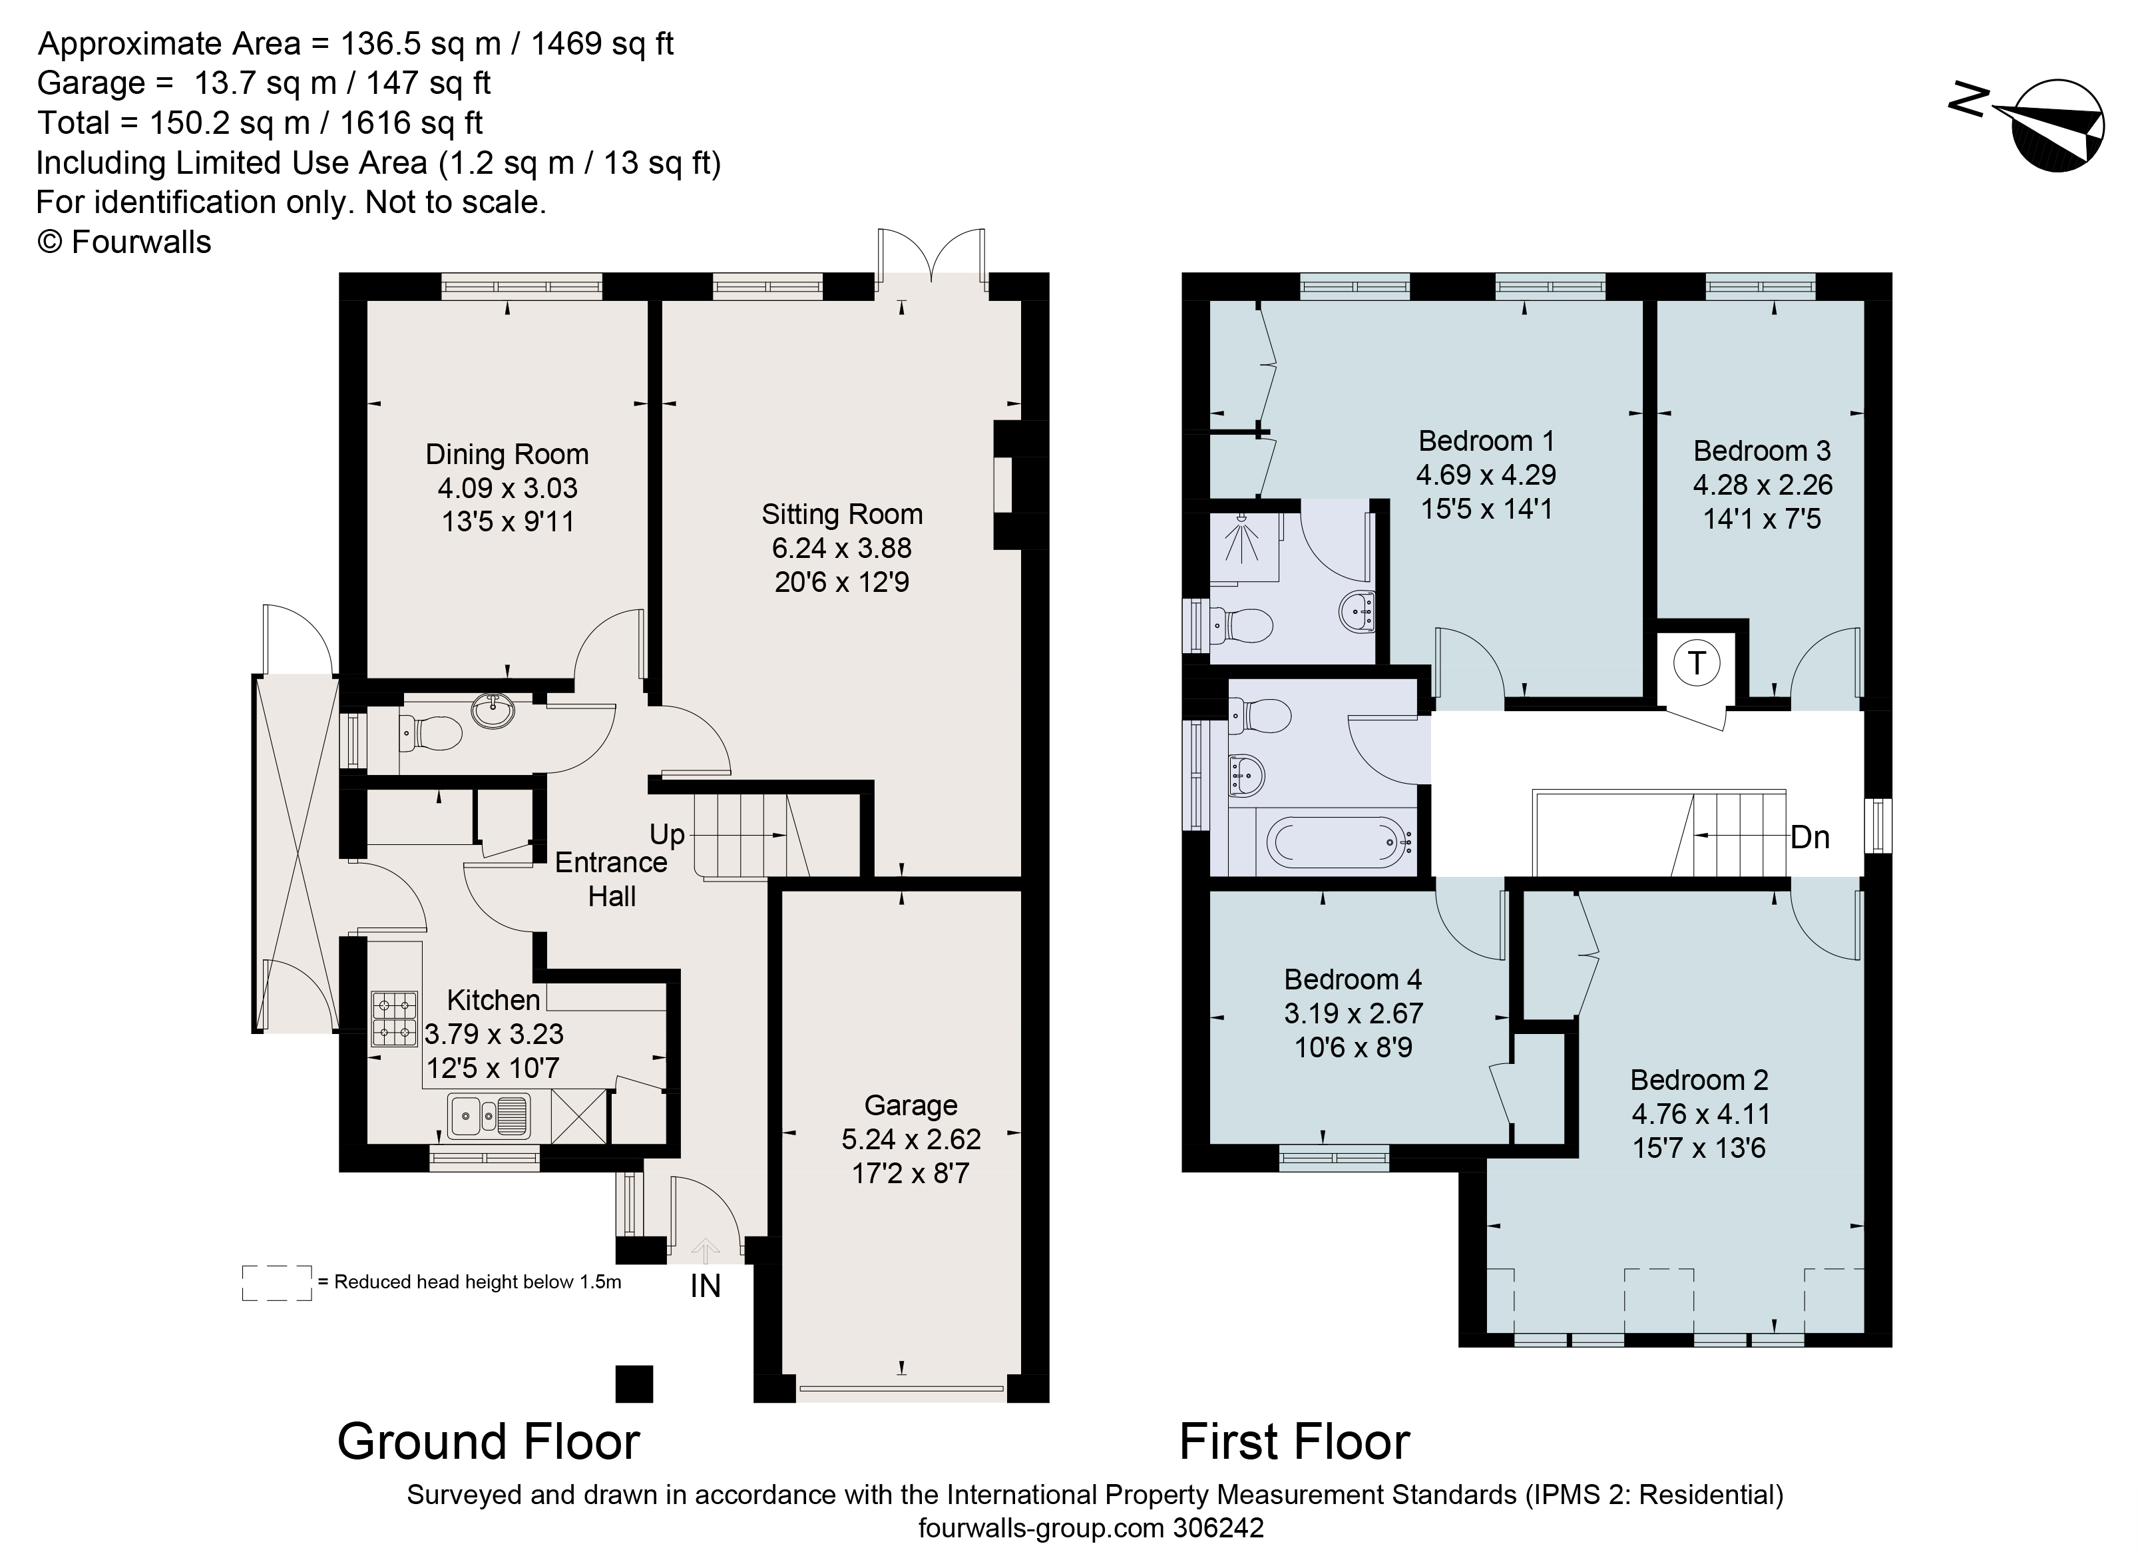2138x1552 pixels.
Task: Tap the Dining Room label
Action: (507, 455)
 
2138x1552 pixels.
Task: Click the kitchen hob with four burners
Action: (394, 1019)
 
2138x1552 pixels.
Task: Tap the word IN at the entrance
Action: (705, 1286)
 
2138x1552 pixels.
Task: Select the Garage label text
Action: (910, 1105)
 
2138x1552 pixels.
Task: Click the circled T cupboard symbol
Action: (1696, 664)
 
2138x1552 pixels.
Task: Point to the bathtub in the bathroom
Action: (1339, 842)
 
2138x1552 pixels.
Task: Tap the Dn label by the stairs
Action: (1809, 838)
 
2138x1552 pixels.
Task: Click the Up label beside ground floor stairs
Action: (666, 834)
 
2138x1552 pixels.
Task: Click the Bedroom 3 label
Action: (1761, 451)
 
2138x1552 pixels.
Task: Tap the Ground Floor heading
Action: (489, 1441)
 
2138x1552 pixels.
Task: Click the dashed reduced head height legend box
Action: (276, 1283)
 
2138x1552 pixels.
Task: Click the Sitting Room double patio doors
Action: (931, 256)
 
